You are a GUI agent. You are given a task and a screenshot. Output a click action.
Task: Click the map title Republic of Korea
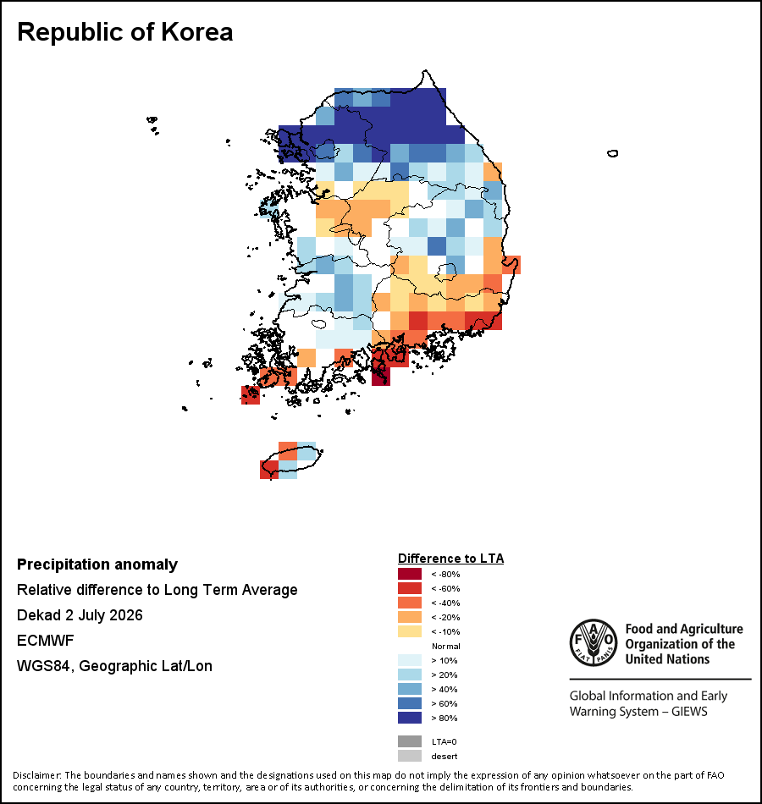pyautogui.click(x=125, y=32)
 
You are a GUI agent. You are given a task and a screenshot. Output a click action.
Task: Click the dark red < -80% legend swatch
pyautogui.click(x=410, y=574)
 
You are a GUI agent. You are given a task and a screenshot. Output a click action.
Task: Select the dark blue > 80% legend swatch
pyautogui.click(x=410, y=718)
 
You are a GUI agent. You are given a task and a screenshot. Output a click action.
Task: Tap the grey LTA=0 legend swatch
pyautogui.click(x=410, y=741)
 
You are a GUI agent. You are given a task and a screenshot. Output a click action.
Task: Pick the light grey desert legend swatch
pyautogui.click(x=410, y=756)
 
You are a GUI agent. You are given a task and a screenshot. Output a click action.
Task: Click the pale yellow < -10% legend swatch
pyautogui.click(x=410, y=631)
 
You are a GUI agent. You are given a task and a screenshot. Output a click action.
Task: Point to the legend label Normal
pyautogui.click(x=446, y=646)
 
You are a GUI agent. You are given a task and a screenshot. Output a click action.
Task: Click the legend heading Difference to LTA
pyautogui.click(x=450, y=559)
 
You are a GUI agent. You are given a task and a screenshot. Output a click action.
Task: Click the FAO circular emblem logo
pyautogui.click(x=594, y=642)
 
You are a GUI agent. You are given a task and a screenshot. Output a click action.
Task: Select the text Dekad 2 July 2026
pyautogui.click(x=80, y=614)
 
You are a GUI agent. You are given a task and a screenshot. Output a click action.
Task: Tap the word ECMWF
pyautogui.click(x=45, y=641)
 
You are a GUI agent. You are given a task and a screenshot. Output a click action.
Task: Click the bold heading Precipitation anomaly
pyautogui.click(x=97, y=564)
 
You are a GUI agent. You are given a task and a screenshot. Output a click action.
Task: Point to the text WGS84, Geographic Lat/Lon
pyautogui.click(x=114, y=666)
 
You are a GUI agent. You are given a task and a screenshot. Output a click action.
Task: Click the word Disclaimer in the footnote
pyautogui.click(x=37, y=774)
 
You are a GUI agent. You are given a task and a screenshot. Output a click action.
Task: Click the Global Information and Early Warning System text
pyautogui.click(x=648, y=703)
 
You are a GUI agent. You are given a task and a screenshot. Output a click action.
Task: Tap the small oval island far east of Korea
pyautogui.click(x=612, y=153)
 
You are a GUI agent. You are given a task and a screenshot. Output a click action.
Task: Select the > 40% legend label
pyautogui.click(x=444, y=689)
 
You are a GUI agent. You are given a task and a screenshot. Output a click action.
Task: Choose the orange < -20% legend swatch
pyautogui.click(x=410, y=617)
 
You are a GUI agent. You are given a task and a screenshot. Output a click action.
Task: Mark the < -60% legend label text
pyautogui.click(x=446, y=588)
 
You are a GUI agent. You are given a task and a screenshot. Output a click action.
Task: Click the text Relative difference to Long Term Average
pyautogui.click(x=157, y=590)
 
